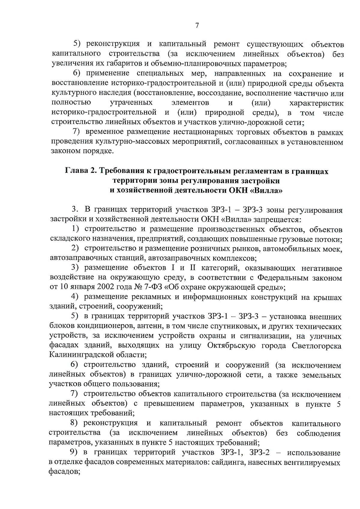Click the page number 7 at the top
[x=197, y=26]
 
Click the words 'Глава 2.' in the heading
[x=80, y=171]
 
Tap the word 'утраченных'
[x=131, y=103]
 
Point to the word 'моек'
[x=332, y=249]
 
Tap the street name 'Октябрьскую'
[x=232, y=346]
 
